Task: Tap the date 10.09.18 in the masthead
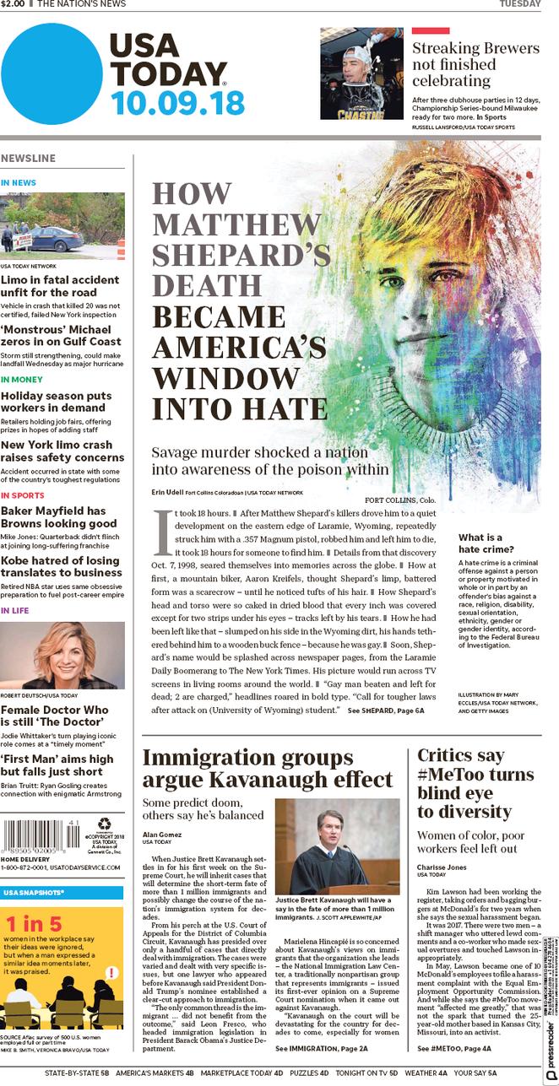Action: (x=177, y=102)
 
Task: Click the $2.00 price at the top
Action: (x=14, y=4)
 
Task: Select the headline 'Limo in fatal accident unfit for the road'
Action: (x=59, y=285)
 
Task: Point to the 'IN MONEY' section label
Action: (x=21, y=379)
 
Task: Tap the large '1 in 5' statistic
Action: (x=33, y=923)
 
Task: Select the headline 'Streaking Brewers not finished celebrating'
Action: (x=475, y=64)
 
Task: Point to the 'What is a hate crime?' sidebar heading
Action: (x=480, y=543)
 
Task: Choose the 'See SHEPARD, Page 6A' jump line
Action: (x=386, y=711)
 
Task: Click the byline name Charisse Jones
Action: (x=439, y=867)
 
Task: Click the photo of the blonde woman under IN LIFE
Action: (x=62, y=656)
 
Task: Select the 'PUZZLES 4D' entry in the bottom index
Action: (x=310, y=1072)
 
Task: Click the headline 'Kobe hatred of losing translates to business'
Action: (x=61, y=566)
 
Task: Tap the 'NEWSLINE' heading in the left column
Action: (x=29, y=158)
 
